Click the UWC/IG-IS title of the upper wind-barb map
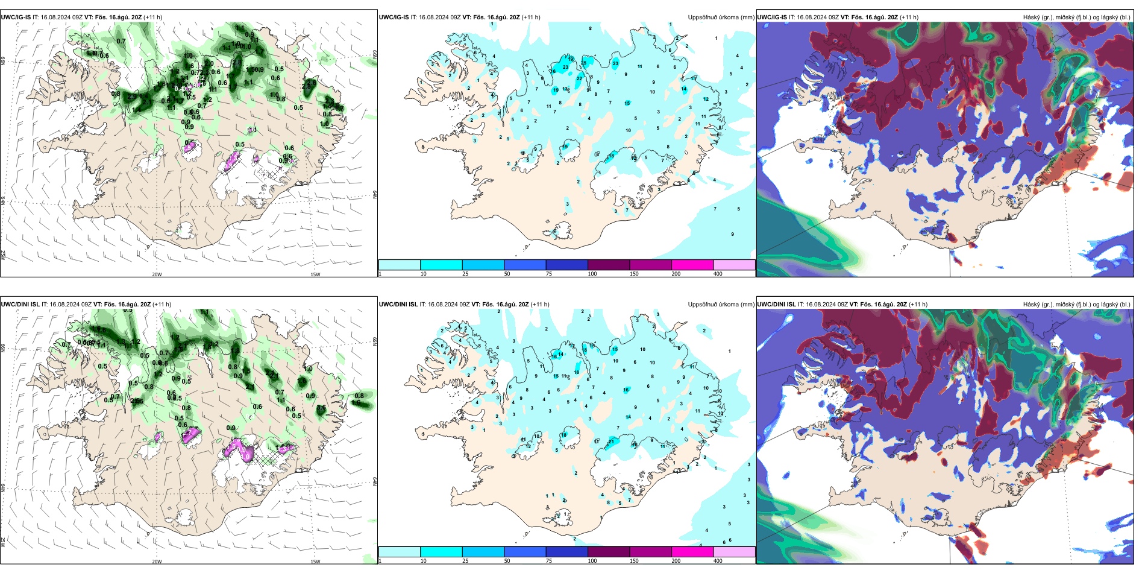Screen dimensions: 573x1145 [x=16, y=17]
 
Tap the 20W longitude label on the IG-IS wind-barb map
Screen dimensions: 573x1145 [x=157, y=274]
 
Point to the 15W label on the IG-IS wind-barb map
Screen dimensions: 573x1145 [x=315, y=274]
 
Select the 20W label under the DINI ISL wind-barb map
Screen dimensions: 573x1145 [x=157, y=562]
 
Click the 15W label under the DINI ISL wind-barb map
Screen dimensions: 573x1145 [x=315, y=562]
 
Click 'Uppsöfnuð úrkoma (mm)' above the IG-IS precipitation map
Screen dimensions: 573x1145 [x=721, y=17]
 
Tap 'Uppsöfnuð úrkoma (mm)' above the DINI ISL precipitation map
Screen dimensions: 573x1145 [x=721, y=305]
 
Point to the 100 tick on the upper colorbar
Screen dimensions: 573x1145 [x=592, y=274]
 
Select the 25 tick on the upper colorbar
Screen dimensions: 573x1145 [x=465, y=274]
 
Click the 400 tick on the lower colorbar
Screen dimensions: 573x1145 [x=718, y=561]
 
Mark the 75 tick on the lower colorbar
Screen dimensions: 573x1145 [x=549, y=561]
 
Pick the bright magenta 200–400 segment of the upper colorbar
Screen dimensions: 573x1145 [x=692, y=265]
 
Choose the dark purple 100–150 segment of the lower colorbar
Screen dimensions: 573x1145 [x=609, y=552]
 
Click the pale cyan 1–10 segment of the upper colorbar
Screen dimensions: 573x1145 [x=400, y=265]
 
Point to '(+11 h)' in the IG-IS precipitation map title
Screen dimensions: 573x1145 [x=531, y=17]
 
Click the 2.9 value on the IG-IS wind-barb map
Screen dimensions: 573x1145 [x=307, y=86]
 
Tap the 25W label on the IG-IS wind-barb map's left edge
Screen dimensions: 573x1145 [x=3, y=255]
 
